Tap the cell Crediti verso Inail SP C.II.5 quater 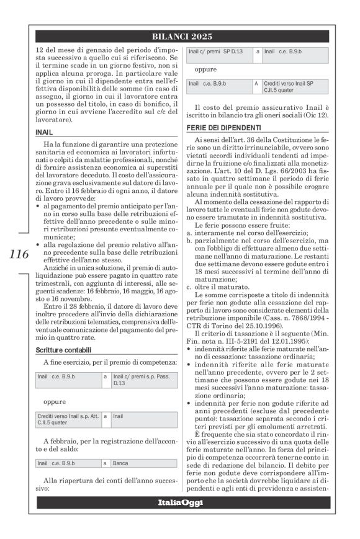click(288, 86)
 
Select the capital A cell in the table click(256, 82)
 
